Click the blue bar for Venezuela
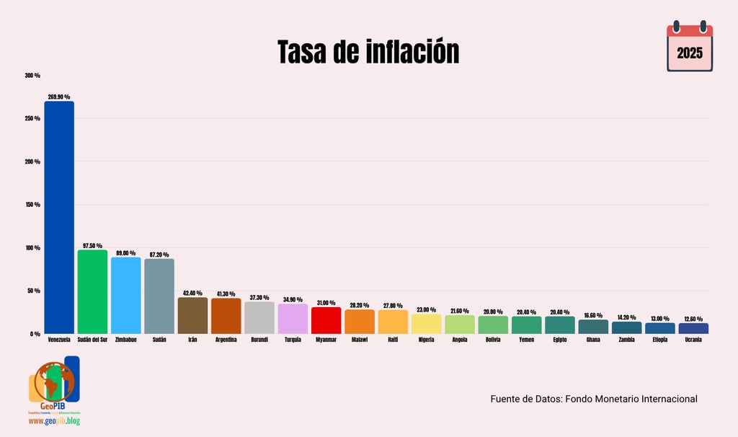(59, 216)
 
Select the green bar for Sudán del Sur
(92, 291)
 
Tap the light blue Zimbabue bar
(125, 295)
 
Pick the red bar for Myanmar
(326, 320)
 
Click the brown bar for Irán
(192, 315)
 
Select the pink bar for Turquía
(293, 318)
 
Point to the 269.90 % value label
(59, 97)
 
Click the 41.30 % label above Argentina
(226, 294)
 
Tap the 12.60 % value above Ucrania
(693, 319)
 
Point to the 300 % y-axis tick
(32, 76)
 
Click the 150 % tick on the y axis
(32, 205)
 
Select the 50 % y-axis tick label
(34, 291)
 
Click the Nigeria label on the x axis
(426, 340)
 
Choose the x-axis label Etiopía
(660, 340)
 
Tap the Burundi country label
(259, 340)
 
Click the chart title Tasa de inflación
(368, 52)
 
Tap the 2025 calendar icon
(690, 48)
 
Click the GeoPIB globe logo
(53, 382)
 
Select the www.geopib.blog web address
(54, 420)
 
